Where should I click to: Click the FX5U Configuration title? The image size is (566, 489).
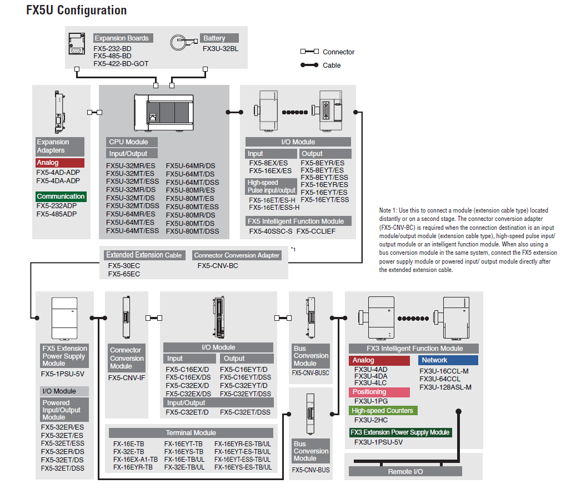pos(77,10)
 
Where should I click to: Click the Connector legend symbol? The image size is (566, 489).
pos(310,52)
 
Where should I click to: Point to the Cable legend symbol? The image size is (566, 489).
pos(310,65)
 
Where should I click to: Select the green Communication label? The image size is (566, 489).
pos(61,196)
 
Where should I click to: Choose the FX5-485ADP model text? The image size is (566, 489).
pos(57,214)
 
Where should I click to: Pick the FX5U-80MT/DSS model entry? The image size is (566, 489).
pos(192,231)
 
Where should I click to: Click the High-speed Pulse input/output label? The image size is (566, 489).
pos(272,186)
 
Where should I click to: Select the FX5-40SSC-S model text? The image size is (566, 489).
pos(271,231)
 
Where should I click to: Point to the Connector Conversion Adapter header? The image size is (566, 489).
pos(237,255)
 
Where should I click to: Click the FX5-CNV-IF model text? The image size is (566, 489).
pos(127,377)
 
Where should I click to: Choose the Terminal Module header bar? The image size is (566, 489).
pos(191,432)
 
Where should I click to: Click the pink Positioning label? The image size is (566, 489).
pos(380,392)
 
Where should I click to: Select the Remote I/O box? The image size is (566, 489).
pos(405,471)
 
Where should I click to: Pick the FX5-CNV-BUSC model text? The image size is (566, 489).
pos(310,373)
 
